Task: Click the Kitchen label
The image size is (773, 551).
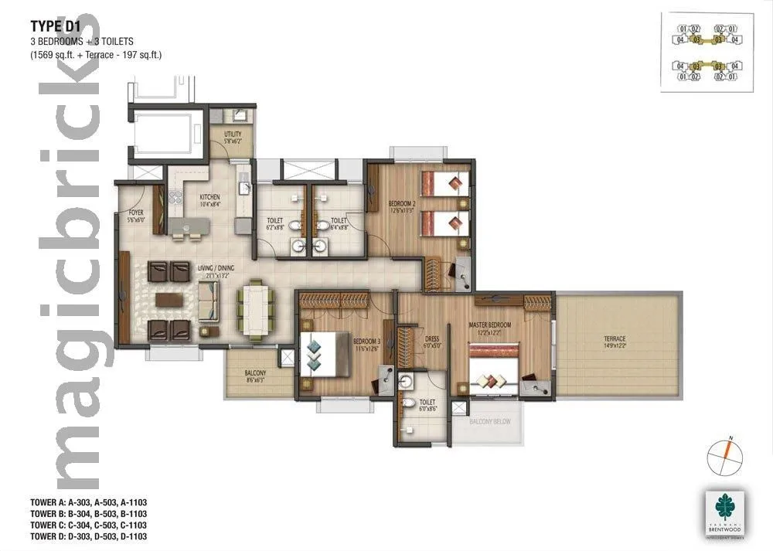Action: (x=209, y=199)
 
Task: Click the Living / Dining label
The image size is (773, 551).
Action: (x=216, y=268)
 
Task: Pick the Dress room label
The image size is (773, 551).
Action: (x=432, y=340)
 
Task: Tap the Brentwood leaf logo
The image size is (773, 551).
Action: (x=724, y=508)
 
